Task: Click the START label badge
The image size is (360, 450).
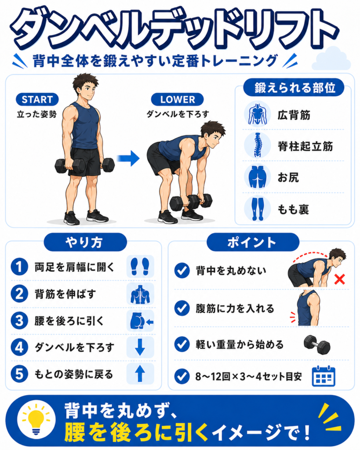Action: [37, 99]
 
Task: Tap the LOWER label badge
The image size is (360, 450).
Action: [178, 99]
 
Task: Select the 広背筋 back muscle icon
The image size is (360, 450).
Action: [257, 114]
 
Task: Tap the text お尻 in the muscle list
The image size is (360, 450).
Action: [288, 178]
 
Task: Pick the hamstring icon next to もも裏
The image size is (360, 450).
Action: [257, 209]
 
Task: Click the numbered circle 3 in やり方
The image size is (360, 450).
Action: [19, 320]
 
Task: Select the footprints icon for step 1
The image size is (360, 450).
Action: [140, 267]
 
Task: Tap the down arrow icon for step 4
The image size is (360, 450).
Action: [140, 347]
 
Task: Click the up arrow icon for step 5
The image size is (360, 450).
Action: [140, 374]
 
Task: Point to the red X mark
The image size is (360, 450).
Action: [339, 279]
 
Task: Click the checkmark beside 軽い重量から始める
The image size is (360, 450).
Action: [182, 344]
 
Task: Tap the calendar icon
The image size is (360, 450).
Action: [324, 376]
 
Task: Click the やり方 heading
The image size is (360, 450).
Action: [85, 243]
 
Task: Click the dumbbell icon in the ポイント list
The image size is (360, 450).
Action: [317, 345]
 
